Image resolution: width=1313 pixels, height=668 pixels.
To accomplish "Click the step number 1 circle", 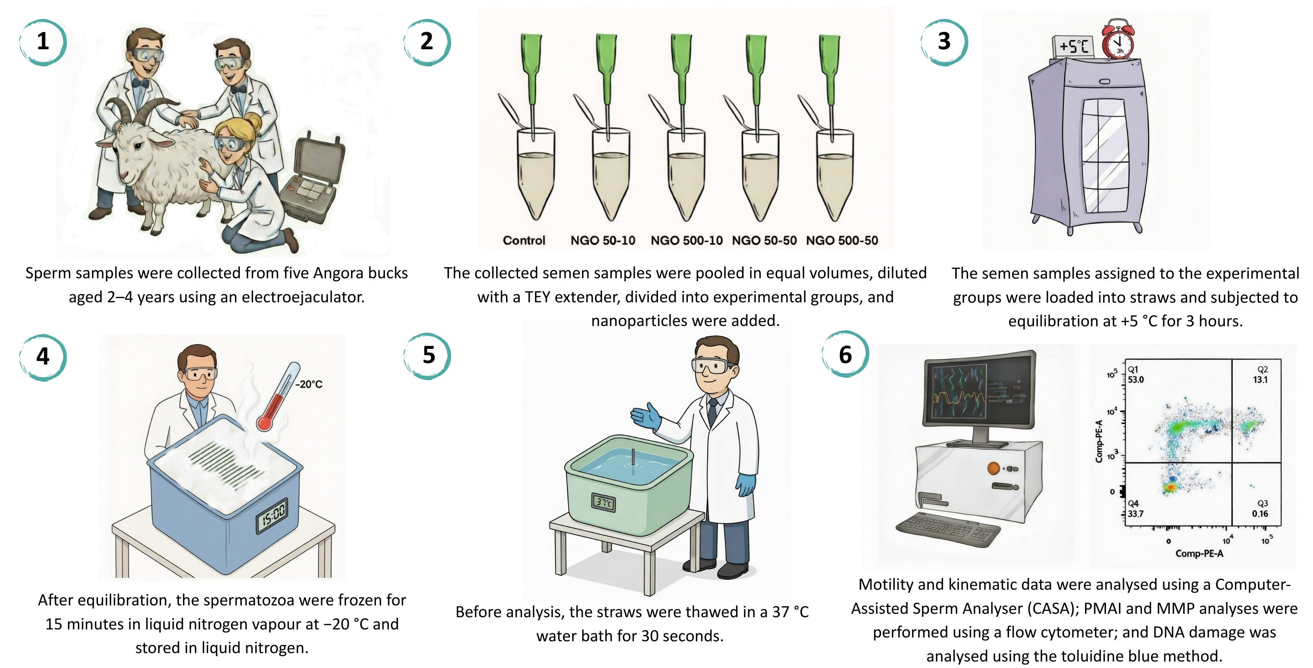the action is (43, 42).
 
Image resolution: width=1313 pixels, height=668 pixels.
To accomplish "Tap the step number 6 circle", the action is (845, 354).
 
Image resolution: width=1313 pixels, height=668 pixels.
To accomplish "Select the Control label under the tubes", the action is (524, 240).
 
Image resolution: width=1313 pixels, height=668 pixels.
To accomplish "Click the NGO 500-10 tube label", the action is (687, 240).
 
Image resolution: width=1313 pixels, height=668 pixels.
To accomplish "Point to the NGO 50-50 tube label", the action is (764, 240).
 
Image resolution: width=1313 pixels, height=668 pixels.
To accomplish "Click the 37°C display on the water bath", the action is (603, 503).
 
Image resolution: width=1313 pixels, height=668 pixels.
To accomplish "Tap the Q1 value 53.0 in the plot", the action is (1136, 379).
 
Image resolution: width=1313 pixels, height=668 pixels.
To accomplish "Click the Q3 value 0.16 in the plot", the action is (1260, 514).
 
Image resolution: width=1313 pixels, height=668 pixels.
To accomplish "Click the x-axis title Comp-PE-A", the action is (1199, 553).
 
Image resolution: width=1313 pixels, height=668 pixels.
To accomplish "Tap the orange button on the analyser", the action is (993, 468).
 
